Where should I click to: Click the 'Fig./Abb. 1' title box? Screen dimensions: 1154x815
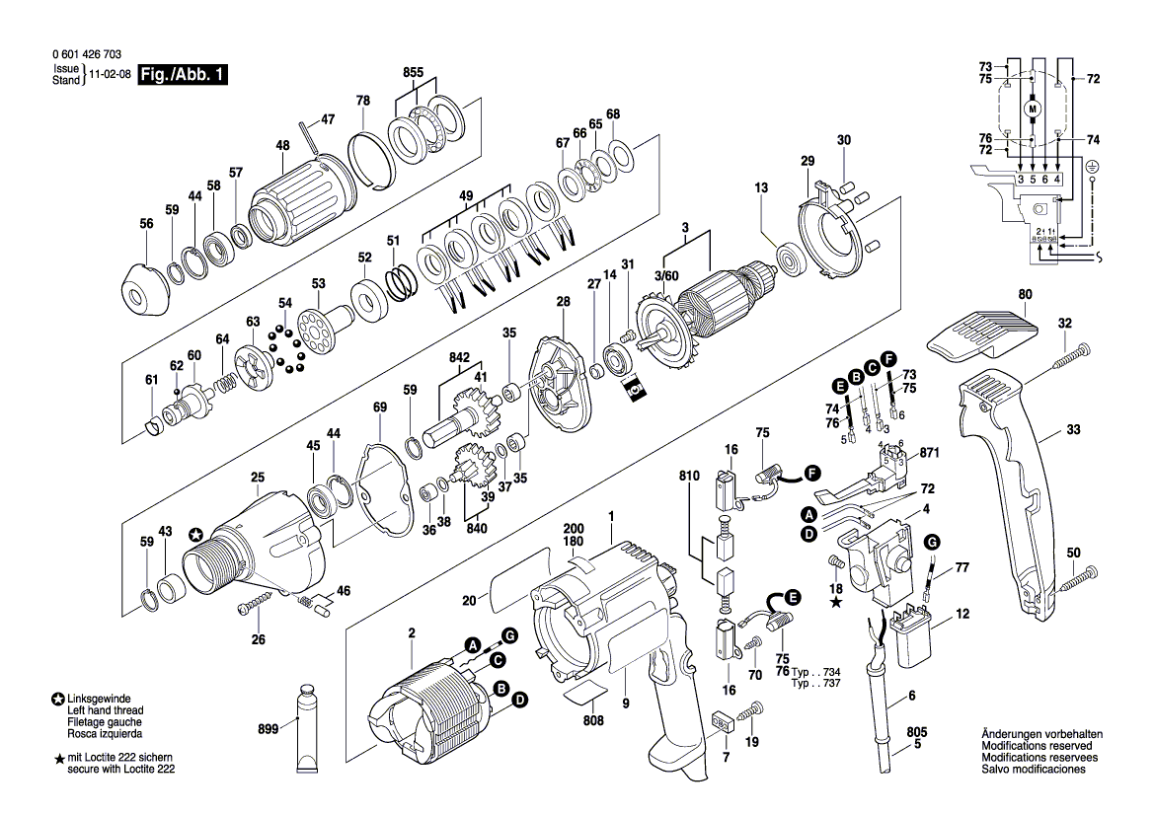coord(183,74)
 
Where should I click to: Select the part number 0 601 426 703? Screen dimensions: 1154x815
coord(87,54)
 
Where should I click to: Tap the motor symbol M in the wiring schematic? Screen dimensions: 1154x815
coord(1032,109)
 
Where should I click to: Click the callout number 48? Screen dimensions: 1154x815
coord(282,146)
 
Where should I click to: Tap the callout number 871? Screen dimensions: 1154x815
coord(930,453)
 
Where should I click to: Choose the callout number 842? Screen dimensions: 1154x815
coord(459,357)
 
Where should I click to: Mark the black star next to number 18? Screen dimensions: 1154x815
coord(835,603)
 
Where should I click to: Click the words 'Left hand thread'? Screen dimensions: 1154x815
coord(105,710)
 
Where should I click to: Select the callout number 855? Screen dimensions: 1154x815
coord(413,73)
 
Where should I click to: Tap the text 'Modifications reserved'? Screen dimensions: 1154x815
coord(1037,746)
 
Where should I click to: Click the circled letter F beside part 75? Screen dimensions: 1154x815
coord(812,474)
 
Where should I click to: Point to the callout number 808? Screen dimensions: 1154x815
coord(593,721)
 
